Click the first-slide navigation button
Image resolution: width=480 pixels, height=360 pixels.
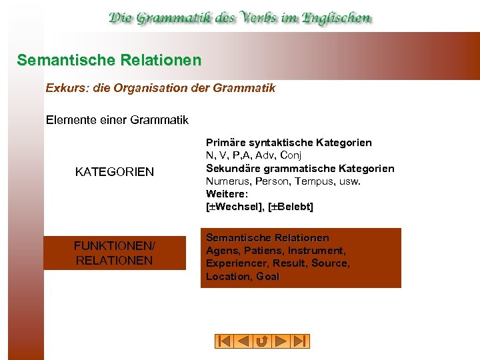224,341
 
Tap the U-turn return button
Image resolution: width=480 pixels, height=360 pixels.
262,341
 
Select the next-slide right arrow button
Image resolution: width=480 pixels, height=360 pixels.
281,341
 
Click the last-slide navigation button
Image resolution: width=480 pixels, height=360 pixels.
301,341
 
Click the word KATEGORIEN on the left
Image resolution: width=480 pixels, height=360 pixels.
115,172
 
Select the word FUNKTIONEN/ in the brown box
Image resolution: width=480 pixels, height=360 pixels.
114,246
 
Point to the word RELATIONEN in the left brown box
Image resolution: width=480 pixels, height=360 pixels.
114,260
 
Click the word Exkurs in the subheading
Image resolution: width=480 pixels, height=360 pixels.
64,88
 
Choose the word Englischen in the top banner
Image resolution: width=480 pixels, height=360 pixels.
337,18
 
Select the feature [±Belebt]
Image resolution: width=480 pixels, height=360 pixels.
291,207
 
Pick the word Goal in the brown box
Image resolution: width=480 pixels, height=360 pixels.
267,276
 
